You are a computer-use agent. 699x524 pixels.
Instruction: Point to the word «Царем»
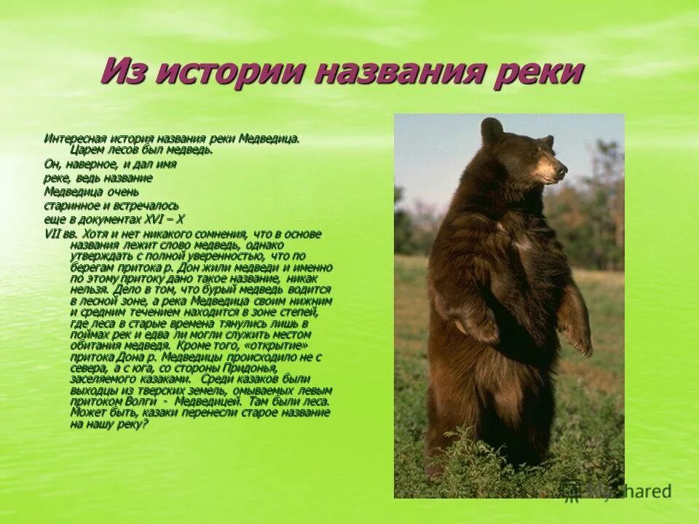[88, 149]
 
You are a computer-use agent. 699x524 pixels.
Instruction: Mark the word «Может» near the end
[87, 412]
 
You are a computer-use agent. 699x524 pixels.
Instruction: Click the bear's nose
[562, 168]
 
